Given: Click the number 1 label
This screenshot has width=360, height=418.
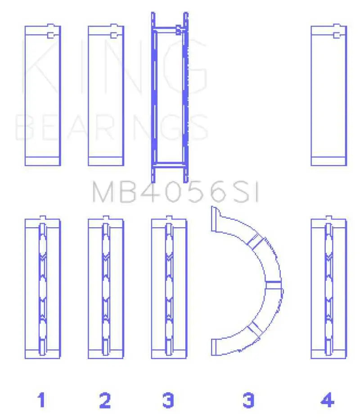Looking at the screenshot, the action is tap(41, 400).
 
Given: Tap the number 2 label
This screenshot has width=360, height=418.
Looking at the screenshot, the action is tap(105, 400).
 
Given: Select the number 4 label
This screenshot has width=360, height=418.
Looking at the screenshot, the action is tap(327, 400).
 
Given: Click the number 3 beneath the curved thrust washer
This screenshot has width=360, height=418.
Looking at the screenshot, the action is tap(248, 400).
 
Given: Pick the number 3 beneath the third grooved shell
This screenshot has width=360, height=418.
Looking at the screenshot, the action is tap(168, 400).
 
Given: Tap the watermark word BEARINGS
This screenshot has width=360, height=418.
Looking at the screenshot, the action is tap(112, 127).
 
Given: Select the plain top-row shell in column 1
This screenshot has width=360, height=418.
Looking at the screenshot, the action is tap(43, 95).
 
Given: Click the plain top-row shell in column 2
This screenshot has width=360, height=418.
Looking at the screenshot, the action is tap(106, 95).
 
